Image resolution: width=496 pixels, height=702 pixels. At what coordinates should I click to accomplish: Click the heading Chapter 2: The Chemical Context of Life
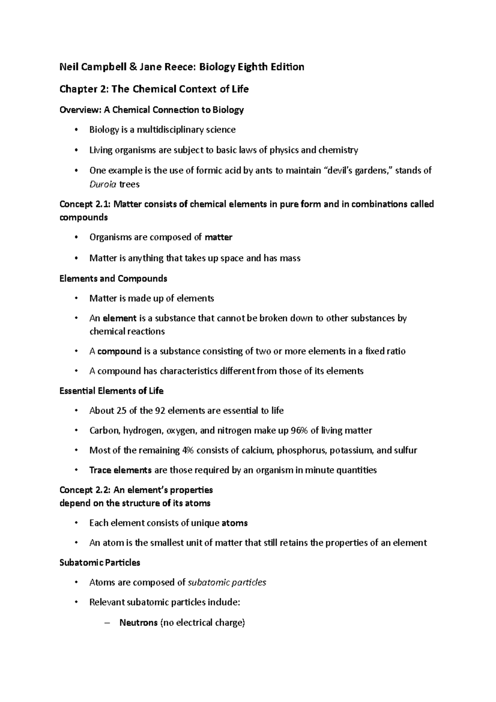pos(154,89)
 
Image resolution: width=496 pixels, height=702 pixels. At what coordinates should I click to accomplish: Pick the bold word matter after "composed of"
pos(219,237)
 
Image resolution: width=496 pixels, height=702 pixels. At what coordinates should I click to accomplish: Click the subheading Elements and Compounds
pos(113,279)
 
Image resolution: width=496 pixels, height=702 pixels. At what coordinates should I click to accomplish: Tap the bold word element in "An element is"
pos(119,318)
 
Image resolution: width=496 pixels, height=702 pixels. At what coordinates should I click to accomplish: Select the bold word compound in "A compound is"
pos(119,351)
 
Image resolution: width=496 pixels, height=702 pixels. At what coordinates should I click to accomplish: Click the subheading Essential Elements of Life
pos(112,391)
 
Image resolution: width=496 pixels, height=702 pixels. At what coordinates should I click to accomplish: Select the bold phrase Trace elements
pos(120,470)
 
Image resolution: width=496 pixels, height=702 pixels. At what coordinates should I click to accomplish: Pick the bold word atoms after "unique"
pos(234,523)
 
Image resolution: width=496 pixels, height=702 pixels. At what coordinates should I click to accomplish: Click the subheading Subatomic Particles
pos(100,563)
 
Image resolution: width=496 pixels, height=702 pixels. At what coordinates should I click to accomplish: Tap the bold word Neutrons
pos(138,623)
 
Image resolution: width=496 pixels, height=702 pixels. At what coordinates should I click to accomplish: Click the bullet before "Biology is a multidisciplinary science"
pos(76,130)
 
